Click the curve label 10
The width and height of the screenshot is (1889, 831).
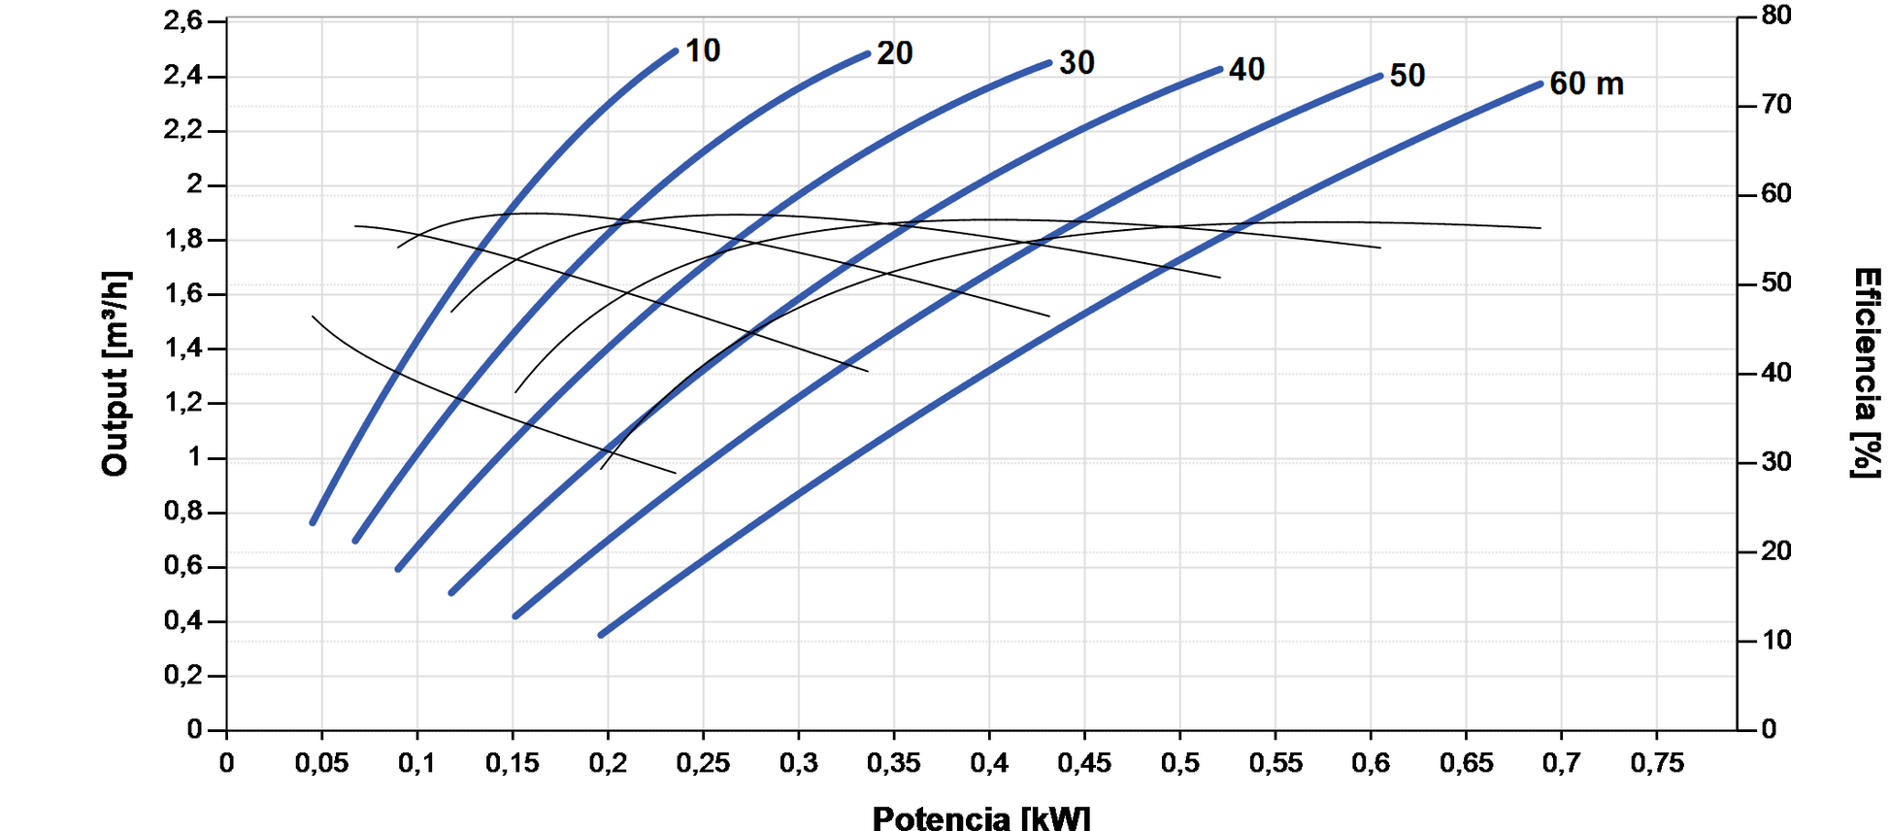click(x=703, y=50)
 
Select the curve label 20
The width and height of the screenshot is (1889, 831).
click(x=894, y=53)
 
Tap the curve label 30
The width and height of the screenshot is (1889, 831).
click(x=1077, y=63)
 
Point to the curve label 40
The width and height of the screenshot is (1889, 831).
click(x=1246, y=70)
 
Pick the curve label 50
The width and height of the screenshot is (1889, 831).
click(x=1407, y=76)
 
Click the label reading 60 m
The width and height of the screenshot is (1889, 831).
click(x=1586, y=84)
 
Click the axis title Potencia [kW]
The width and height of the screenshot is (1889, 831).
click(x=980, y=817)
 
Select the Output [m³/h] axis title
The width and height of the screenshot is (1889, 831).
click(x=116, y=374)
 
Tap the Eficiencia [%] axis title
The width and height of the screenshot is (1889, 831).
click(x=1866, y=373)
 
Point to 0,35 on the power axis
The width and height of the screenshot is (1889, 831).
click(x=893, y=763)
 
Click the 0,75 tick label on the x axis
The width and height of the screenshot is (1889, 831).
click(x=1656, y=763)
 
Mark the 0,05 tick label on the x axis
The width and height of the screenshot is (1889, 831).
click(x=321, y=763)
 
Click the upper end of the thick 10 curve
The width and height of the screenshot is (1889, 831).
click(x=675, y=50)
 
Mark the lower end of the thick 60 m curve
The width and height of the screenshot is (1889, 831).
click(x=601, y=635)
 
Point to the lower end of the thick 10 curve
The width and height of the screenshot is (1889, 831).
click(x=313, y=522)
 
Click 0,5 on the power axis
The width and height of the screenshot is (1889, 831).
click(x=1179, y=763)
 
